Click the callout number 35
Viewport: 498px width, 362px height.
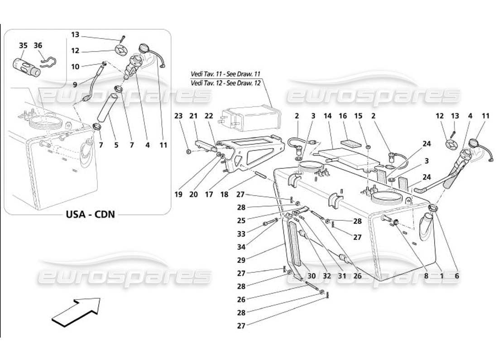coord(23,45)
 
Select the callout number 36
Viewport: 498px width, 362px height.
coord(38,45)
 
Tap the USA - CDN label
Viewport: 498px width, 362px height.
coord(89,214)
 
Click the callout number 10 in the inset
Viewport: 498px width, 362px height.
coord(75,67)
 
